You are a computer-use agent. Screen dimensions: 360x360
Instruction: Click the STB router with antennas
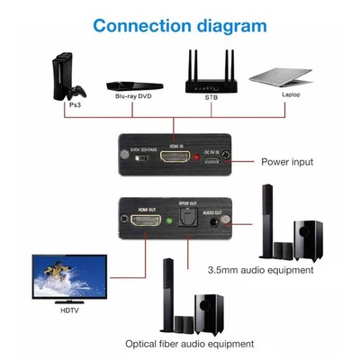pyautogui.click(x=211, y=75)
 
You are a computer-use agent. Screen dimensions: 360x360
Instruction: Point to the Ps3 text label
pyautogui.click(x=75, y=104)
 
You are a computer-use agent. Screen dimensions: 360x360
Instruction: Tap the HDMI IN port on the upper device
pyautogui.click(x=178, y=157)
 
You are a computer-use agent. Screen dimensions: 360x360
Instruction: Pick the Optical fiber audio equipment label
pyautogui.click(x=190, y=343)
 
